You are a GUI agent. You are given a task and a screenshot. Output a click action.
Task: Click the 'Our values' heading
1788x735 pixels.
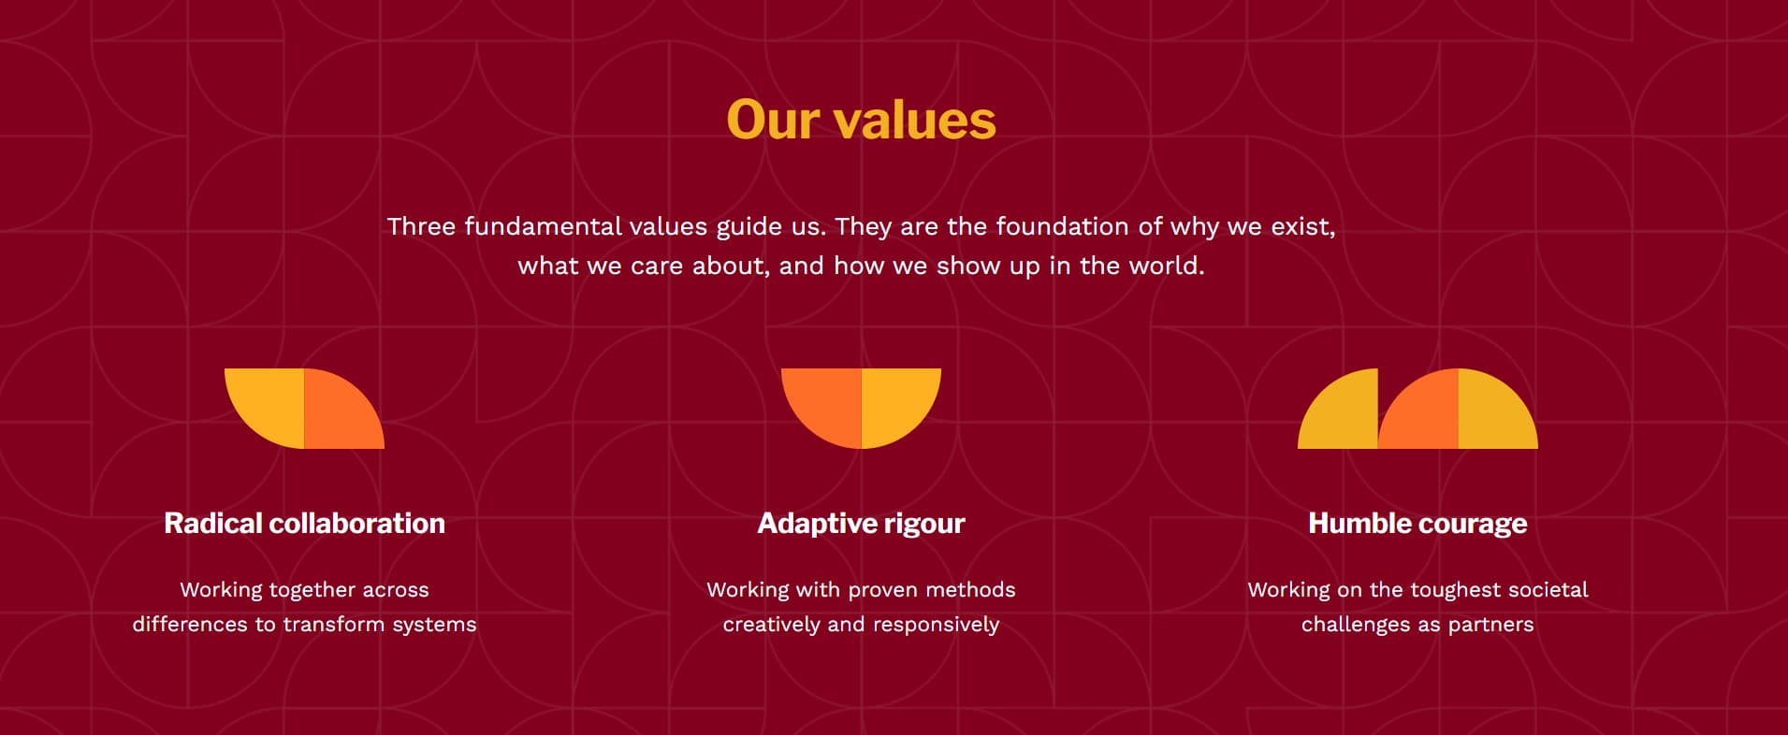coord(861,121)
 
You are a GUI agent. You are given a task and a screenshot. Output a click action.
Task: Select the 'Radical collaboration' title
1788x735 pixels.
coord(304,523)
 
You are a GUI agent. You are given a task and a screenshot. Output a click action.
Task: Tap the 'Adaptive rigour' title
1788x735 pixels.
coord(861,523)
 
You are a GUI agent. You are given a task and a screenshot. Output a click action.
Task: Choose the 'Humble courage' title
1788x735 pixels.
coord(1417,523)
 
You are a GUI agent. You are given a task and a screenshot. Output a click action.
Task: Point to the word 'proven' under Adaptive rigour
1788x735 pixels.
coord(879,590)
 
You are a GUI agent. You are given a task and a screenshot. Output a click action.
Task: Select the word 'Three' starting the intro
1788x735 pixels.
coord(421,226)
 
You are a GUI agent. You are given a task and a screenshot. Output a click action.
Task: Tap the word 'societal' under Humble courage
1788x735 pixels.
coord(1552,590)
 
